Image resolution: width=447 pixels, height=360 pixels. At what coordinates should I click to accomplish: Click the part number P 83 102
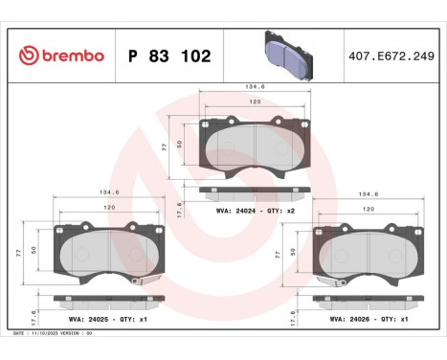click(x=168, y=56)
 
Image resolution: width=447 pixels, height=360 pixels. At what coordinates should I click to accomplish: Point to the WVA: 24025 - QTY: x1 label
click(x=104, y=319)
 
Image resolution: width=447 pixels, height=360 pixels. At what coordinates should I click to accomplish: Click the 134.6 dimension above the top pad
click(x=254, y=86)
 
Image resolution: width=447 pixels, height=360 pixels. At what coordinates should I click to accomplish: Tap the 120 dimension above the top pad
click(x=254, y=101)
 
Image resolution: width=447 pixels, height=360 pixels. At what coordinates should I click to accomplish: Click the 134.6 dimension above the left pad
click(x=107, y=191)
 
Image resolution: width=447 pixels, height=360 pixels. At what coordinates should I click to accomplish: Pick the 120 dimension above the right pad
click(x=369, y=207)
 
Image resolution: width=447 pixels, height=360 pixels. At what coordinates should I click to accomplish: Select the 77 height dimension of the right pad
click(x=279, y=255)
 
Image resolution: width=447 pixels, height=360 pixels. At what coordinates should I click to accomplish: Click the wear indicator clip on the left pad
click(x=138, y=279)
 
